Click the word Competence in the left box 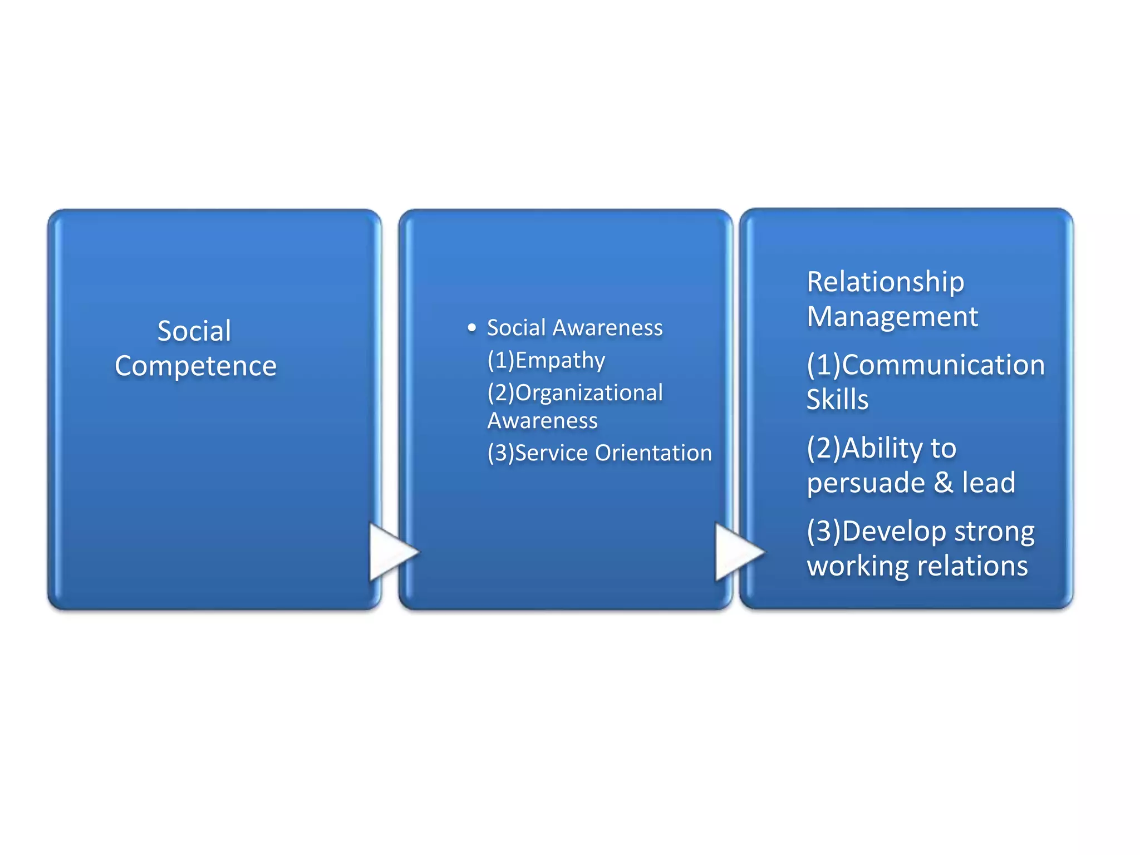[x=195, y=366]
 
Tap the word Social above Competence [x=194, y=331]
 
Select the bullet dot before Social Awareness [x=472, y=328]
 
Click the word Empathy [x=560, y=361]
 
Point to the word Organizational [x=589, y=393]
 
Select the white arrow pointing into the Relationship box [x=738, y=552]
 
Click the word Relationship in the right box [x=885, y=282]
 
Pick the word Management [x=892, y=317]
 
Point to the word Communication [x=943, y=365]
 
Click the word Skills [x=837, y=400]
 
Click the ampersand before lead [x=943, y=482]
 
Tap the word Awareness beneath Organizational [x=542, y=421]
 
